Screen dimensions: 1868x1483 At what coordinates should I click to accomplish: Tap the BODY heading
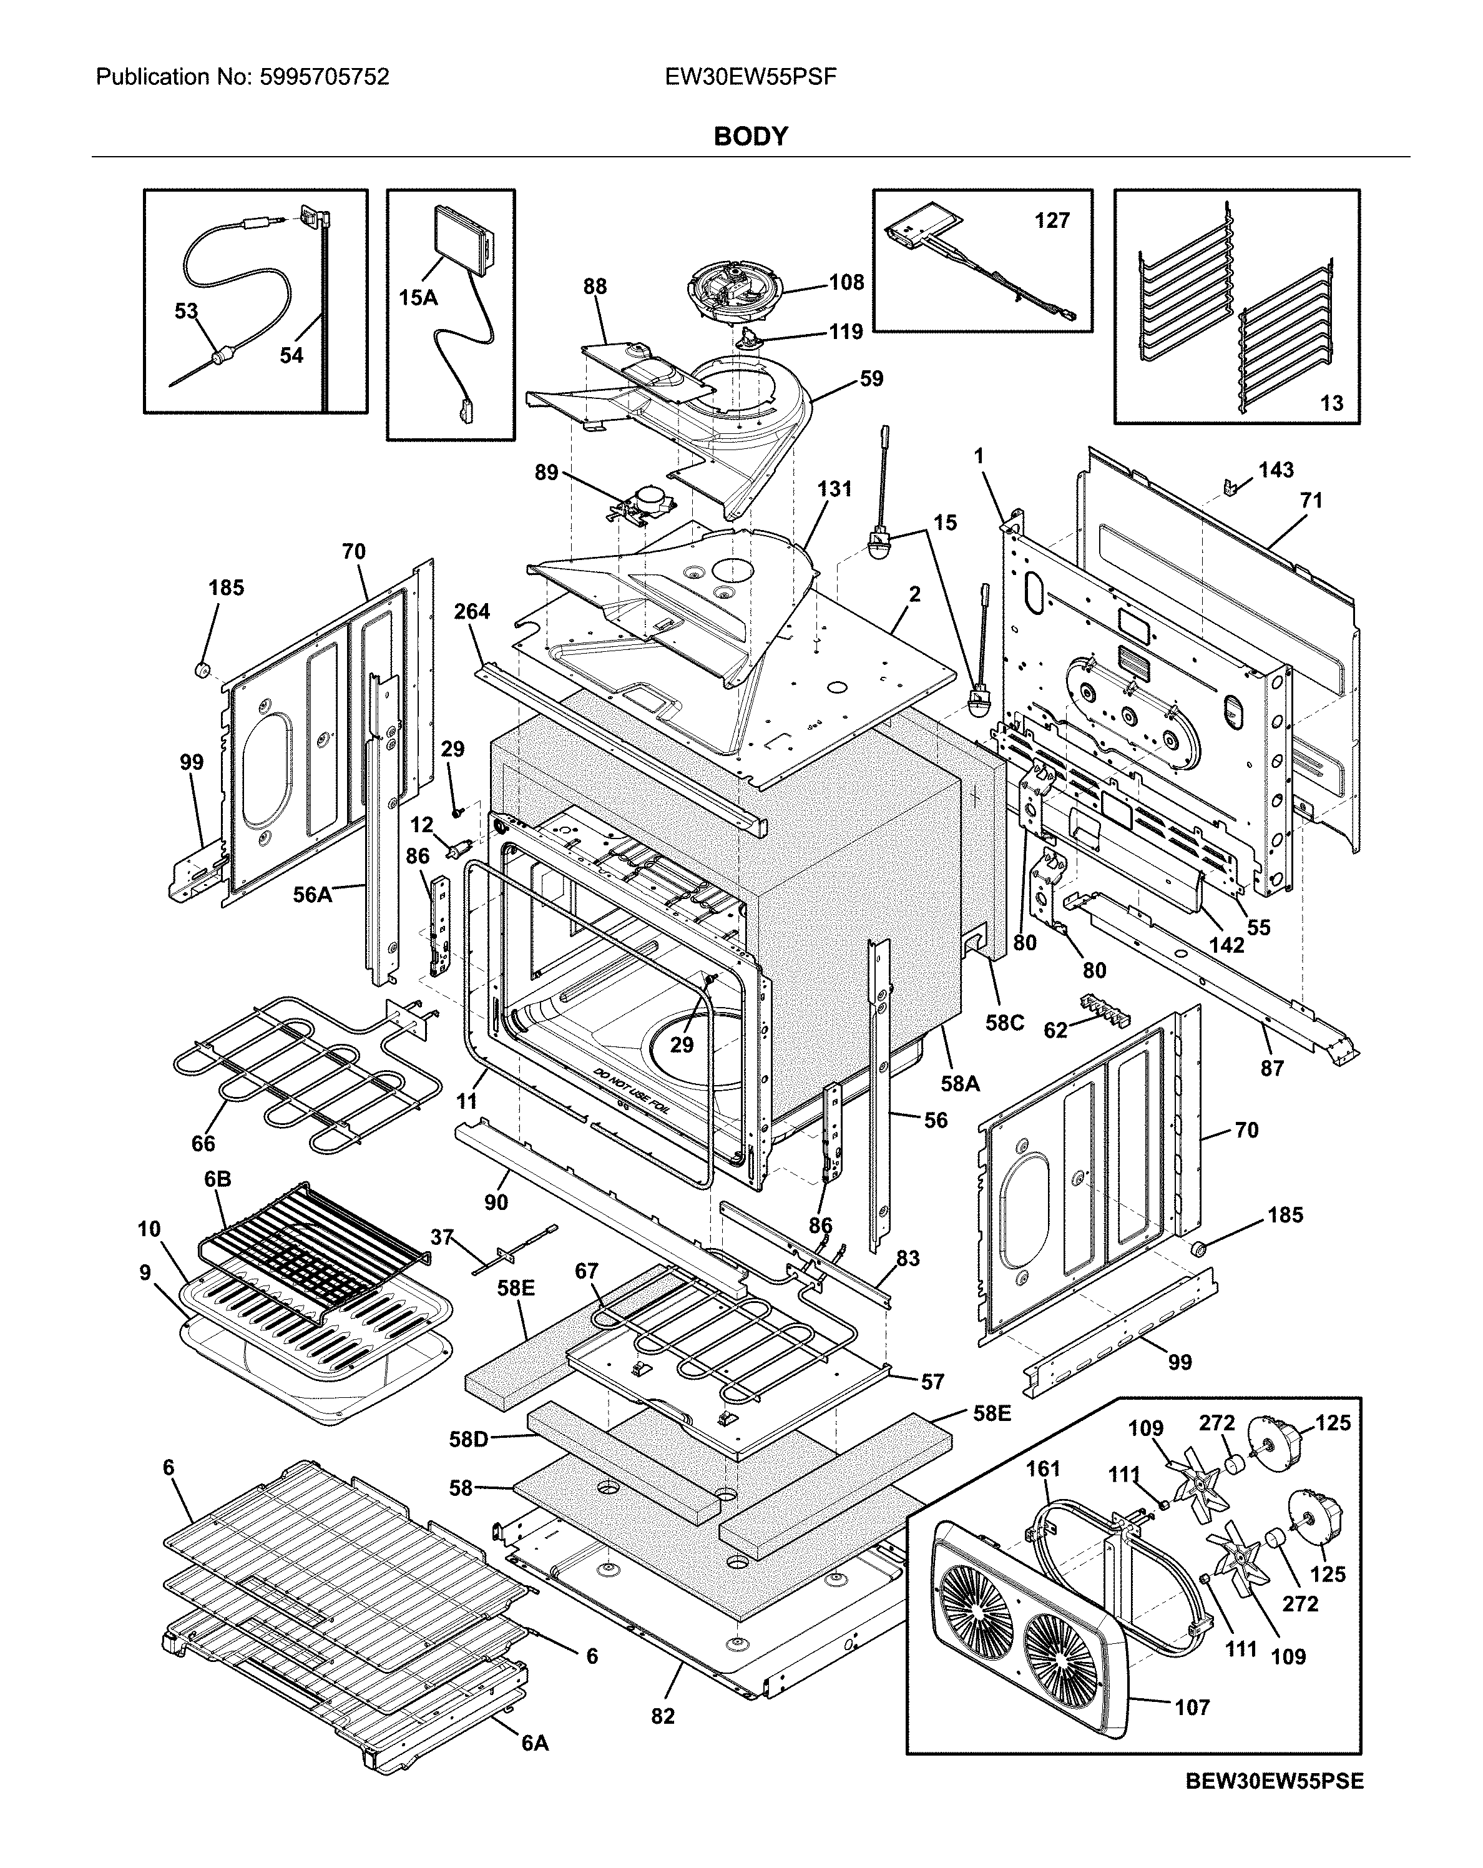click(x=750, y=136)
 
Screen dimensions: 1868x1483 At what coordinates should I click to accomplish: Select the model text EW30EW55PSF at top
click(x=750, y=77)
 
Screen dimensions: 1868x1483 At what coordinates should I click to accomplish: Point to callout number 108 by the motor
click(x=846, y=282)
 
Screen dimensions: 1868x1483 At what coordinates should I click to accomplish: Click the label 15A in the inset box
click(x=418, y=298)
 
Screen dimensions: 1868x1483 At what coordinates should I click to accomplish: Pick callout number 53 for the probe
click(x=186, y=310)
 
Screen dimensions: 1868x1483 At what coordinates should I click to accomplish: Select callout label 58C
click(x=1005, y=1023)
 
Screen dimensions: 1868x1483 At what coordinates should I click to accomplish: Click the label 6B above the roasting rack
click(x=217, y=1179)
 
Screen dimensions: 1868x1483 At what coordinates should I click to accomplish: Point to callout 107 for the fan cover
click(x=1192, y=1707)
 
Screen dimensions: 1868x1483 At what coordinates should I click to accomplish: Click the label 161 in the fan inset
click(x=1043, y=1468)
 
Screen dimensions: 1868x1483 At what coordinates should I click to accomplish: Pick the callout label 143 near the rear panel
click(x=1276, y=469)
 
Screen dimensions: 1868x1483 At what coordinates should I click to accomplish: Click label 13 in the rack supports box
click(x=1331, y=402)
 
